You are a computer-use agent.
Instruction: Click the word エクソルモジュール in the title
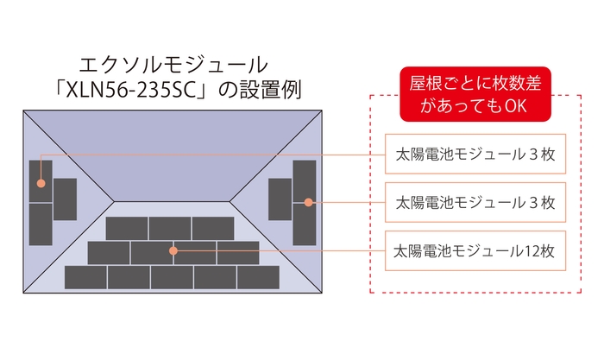173,64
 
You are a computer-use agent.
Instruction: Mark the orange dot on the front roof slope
173,251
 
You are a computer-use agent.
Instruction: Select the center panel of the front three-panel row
170,228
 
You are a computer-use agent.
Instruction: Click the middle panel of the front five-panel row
172,277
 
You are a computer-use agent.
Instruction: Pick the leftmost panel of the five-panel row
85,277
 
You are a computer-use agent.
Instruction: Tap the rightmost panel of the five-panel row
258,277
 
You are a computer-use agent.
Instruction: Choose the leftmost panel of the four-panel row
109,252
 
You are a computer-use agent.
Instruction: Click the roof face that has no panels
173,151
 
